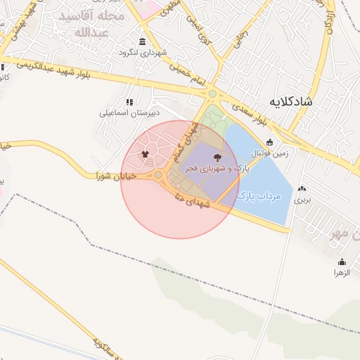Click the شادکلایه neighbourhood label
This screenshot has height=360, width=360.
[299, 102]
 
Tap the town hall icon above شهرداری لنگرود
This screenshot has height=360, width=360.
[143, 41]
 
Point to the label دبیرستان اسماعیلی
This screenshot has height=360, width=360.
[129, 112]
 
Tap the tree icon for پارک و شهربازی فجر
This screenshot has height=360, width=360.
[215, 157]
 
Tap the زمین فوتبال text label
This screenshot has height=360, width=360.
[269, 153]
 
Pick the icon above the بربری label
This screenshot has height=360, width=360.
[302, 188]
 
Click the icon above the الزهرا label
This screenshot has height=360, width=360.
[342, 262]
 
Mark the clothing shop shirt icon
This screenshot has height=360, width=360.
[145, 154]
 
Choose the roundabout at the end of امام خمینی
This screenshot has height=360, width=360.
[212, 94]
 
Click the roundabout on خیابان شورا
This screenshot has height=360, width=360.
[158, 175]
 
